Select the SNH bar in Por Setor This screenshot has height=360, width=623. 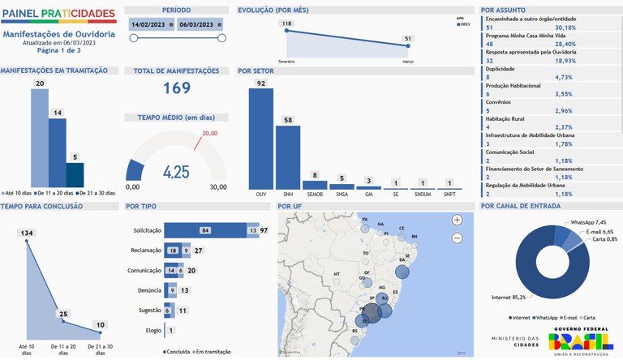[x=288, y=157]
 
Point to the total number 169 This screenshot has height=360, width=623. [x=176, y=88]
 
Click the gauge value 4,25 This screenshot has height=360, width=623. [x=176, y=172]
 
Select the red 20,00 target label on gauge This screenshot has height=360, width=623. [x=210, y=133]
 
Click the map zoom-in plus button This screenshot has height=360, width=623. [x=457, y=220]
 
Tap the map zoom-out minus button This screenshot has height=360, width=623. [x=457, y=238]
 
